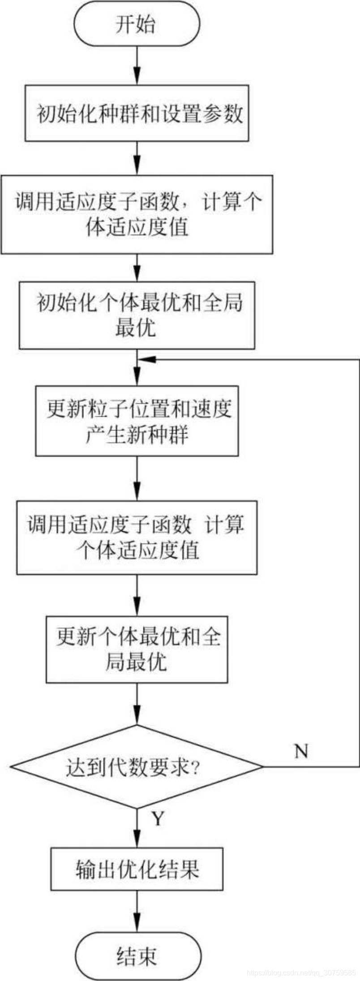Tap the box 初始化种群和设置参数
pos(137,113)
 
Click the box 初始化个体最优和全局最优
pos(137,315)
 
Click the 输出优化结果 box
pos(137,869)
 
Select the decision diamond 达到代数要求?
pos(137,766)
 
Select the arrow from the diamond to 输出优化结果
pos(137,826)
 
